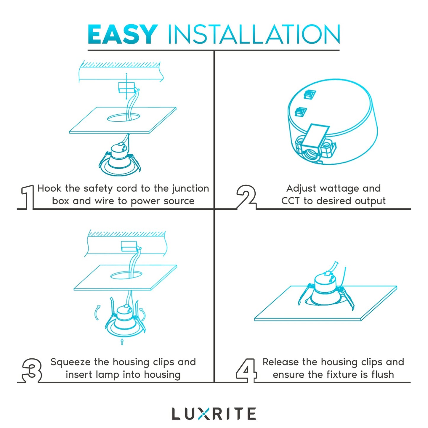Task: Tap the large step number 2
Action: point(246,197)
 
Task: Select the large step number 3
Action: point(32,370)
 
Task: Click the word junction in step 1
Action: point(190,189)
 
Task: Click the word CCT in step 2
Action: point(290,201)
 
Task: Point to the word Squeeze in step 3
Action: point(70,362)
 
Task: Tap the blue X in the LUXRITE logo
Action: point(203,414)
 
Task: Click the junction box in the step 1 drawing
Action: point(126,87)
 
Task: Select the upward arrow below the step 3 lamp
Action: point(122,342)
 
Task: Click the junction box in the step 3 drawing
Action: point(129,246)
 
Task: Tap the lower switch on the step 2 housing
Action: point(301,112)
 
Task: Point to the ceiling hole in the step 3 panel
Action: point(126,275)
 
